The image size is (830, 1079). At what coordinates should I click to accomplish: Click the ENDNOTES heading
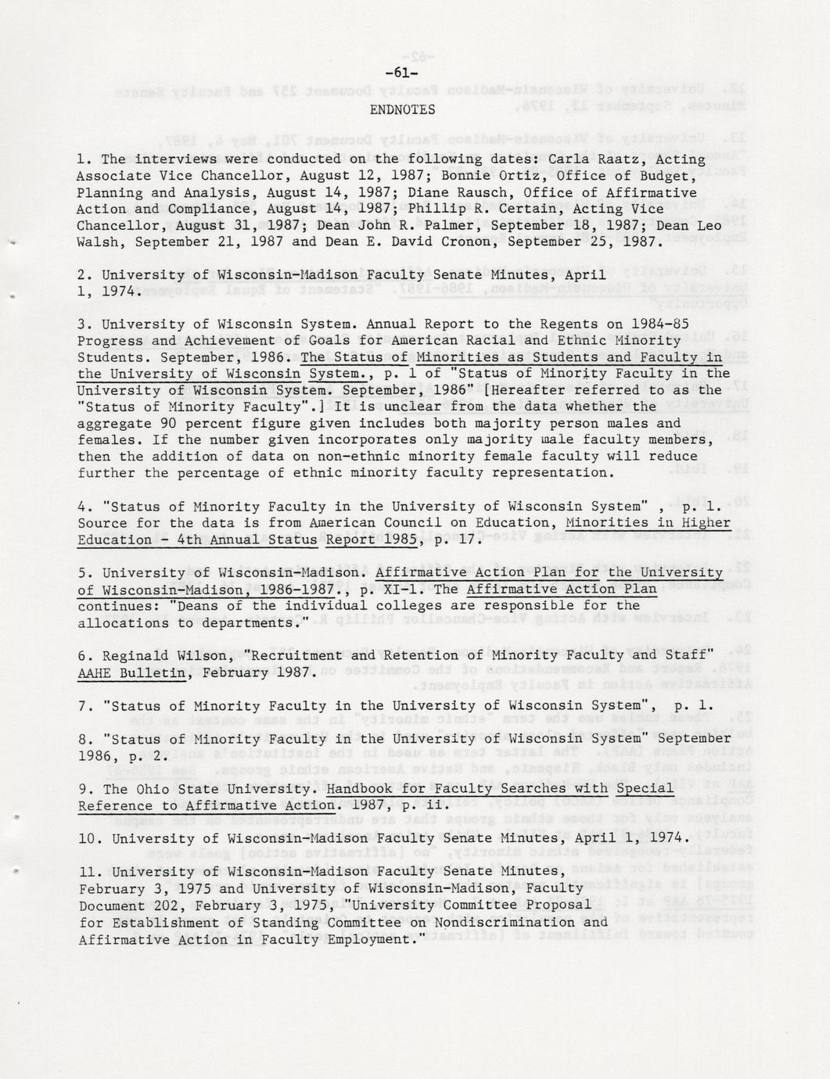[402, 109]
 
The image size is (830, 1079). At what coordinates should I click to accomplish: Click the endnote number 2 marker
[83, 275]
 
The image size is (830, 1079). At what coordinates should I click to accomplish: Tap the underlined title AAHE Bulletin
[132, 672]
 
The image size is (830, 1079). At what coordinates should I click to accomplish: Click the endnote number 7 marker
[83, 705]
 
